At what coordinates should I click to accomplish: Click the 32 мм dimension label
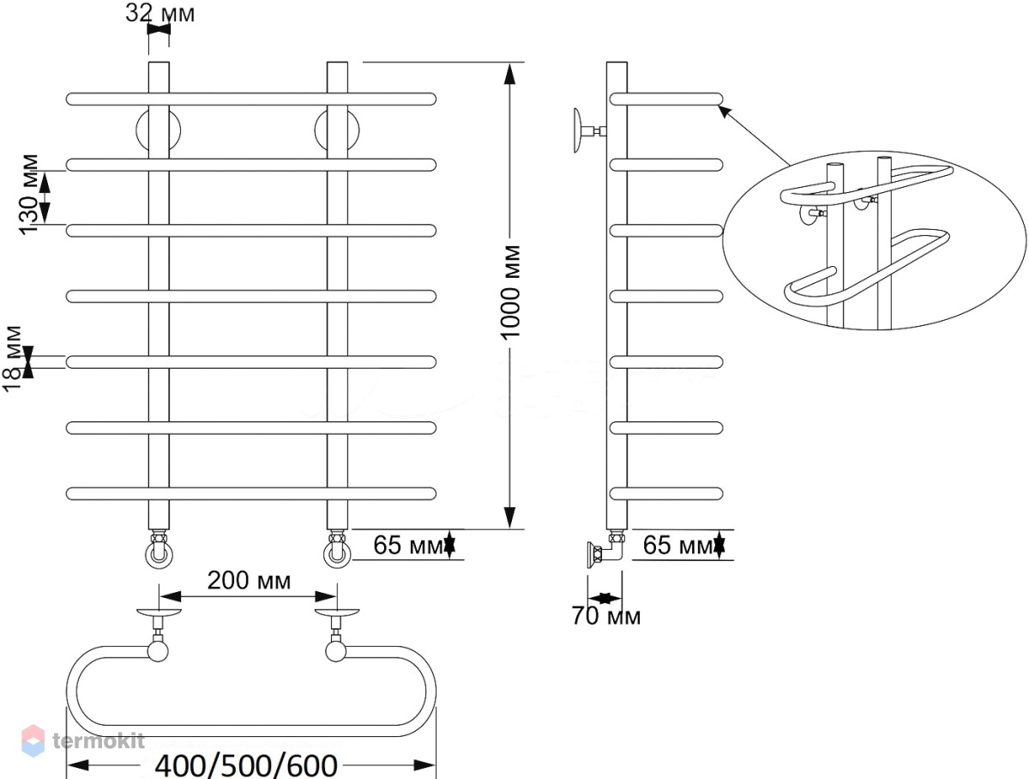[x=159, y=14]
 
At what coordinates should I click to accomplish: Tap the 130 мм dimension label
[x=28, y=194]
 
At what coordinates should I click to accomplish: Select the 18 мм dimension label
[x=12, y=359]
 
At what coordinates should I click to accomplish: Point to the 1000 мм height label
[x=510, y=292]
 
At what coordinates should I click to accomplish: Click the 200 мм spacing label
[x=249, y=581]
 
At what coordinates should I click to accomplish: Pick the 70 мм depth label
[x=605, y=616]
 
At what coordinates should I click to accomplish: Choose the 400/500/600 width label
[x=246, y=766]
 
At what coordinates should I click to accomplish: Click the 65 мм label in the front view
[x=408, y=545]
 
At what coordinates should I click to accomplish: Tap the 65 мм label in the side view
[x=677, y=545]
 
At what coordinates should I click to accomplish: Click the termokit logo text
[x=99, y=741]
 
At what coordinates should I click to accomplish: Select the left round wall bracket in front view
[x=159, y=130]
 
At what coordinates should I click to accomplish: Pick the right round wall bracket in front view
[x=337, y=130]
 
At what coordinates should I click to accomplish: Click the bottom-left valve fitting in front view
[x=159, y=550]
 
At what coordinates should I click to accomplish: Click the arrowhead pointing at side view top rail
[x=725, y=112]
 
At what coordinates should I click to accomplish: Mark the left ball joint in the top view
[x=158, y=651]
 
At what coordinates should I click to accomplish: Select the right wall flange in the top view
[x=337, y=613]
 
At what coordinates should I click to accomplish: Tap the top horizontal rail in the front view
[x=250, y=99]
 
